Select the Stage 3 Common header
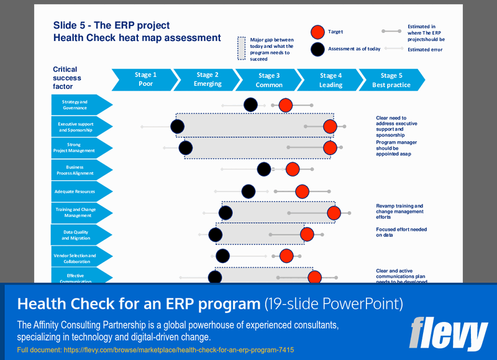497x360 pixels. point(269,80)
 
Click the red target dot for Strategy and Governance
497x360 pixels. point(285,105)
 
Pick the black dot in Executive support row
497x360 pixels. point(178,127)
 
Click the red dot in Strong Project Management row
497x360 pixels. point(330,148)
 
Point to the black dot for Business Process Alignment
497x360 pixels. point(264,169)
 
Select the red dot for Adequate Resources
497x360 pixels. point(302,191)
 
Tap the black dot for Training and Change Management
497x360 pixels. point(226,213)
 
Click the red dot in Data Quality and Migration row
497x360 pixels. point(307,234)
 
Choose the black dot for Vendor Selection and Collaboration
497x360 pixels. point(222,256)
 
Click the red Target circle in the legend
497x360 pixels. point(317,32)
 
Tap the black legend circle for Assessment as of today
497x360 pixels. point(317,48)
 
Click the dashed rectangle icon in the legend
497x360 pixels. point(242,48)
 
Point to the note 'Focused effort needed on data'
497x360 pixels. point(401,232)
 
